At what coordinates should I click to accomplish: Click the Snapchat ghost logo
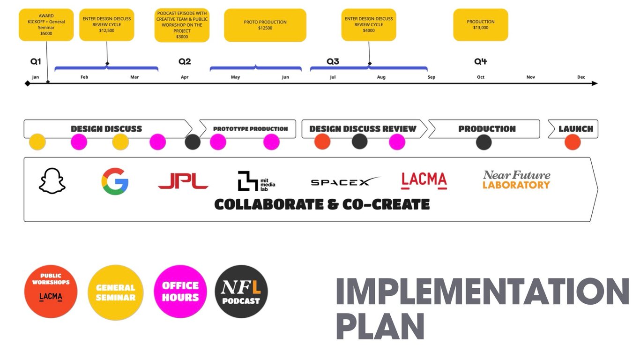point(52,181)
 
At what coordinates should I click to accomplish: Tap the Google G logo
point(115,181)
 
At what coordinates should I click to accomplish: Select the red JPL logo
point(183,181)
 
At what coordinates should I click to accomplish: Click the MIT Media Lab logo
point(256,181)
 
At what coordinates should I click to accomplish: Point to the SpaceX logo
point(345,181)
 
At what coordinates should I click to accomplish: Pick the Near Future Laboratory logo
point(516,180)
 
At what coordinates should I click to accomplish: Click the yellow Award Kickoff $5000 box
point(46,25)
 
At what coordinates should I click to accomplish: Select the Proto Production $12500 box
point(265,25)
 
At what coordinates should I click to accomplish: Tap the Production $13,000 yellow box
point(481,25)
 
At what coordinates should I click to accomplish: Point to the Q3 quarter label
point(333,61)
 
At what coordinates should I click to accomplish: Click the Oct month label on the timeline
point(481,77)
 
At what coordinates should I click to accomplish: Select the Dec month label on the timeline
point(581,77)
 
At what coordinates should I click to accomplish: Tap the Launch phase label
point(576,129)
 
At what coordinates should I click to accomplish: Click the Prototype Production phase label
point(250,129)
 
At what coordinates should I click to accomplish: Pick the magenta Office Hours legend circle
point(180,292)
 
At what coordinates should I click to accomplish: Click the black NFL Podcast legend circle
point(241,292)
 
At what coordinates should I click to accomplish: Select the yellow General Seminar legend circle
point(116,292)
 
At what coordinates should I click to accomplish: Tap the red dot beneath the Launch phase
point(573,142)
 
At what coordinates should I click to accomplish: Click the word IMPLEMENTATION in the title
point(482,292)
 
